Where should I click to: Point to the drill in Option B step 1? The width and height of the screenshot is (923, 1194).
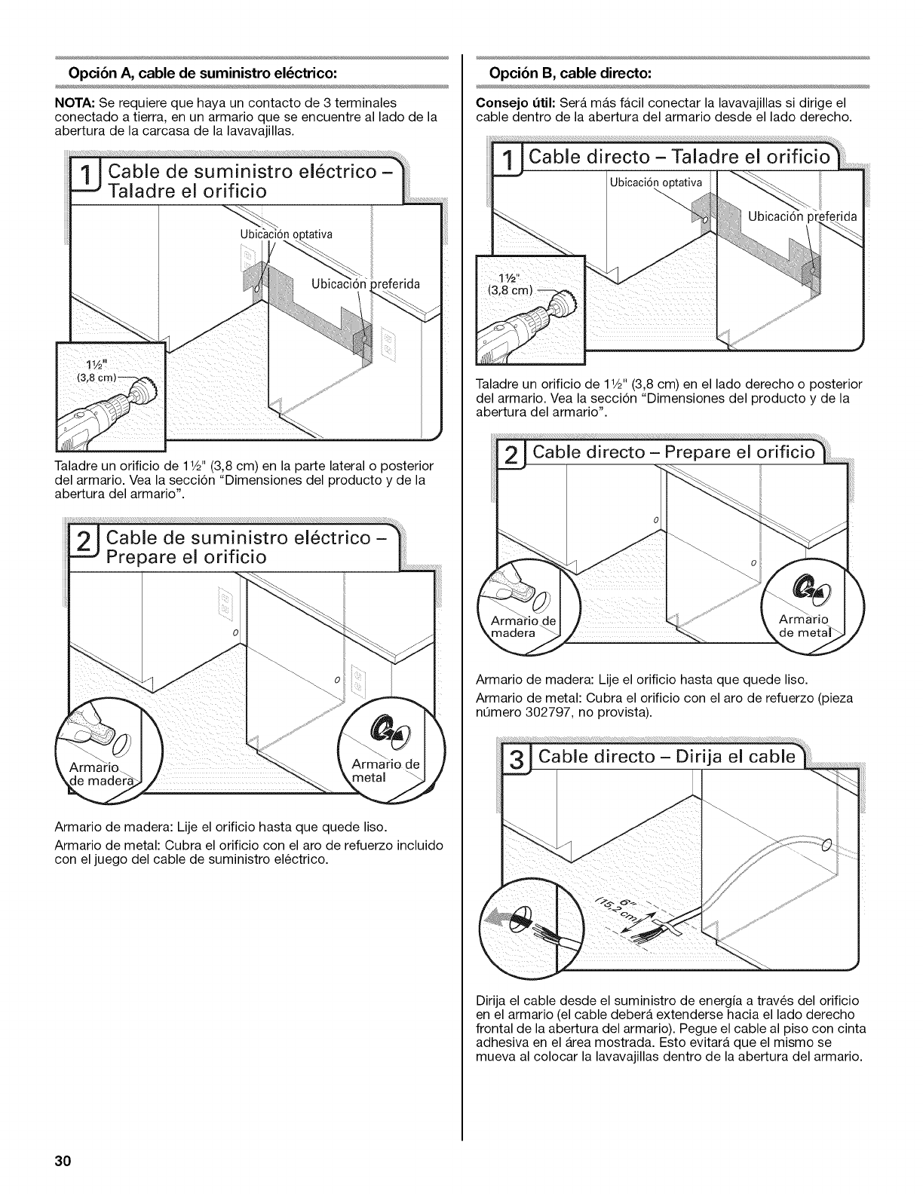click(528, 317)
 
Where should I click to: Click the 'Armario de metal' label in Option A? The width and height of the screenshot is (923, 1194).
click(385, 769)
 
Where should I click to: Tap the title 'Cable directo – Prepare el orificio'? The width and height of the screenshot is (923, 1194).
click(673, 452)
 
